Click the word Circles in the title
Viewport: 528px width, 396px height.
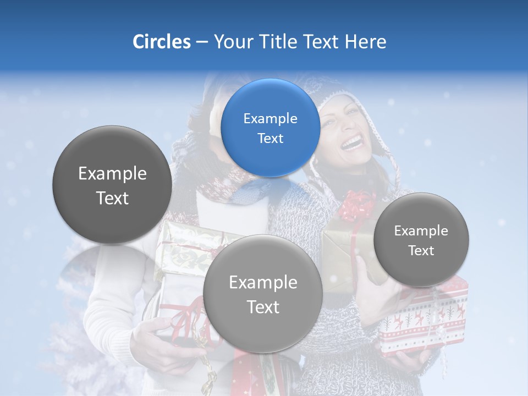(x=162, y=42)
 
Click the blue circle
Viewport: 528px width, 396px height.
(x=270, y=128)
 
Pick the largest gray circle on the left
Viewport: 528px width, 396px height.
(x=112, y=185)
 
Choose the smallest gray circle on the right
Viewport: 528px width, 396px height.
(x=421, y=240)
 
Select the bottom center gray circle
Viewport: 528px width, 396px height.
(x=262, y=294)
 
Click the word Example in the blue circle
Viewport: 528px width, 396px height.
(x=270, y=118)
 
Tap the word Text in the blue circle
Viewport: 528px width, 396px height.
(x=270, y=138)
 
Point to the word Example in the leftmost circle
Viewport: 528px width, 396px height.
(x=112, y=174)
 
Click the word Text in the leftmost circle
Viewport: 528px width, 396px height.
(x=112, y=198)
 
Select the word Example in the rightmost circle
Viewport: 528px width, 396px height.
(x=421, y=230)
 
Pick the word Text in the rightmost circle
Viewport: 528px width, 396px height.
(x=421, y=250)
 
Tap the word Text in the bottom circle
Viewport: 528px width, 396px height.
(x=263, y=307)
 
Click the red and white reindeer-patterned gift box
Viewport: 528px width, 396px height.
(x=424, y=324)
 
